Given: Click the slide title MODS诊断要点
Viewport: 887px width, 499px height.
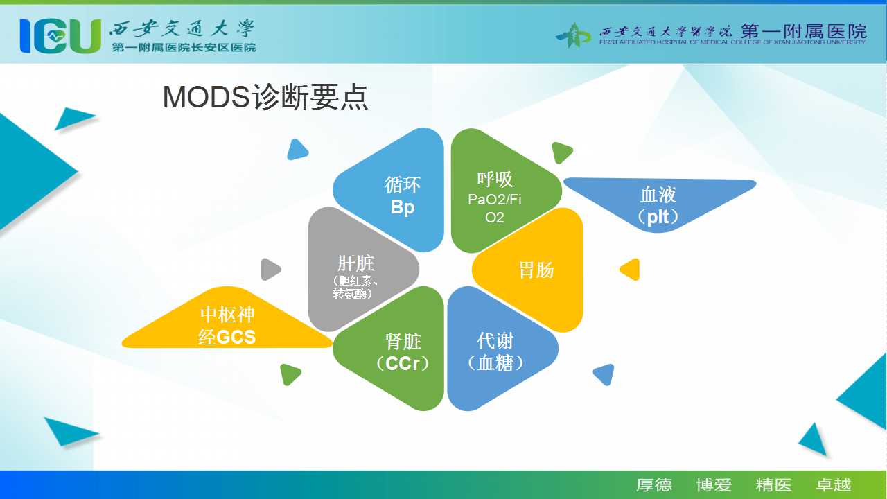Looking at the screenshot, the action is tap(265, 97).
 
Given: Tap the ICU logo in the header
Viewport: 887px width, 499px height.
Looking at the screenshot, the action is tap(60, 36).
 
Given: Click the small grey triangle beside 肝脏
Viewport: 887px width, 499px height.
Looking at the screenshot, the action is tap(270, 270).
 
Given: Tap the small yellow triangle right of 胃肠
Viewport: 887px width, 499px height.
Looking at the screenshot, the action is tap(631, 270).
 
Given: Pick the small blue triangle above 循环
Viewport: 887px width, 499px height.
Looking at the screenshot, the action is tap(297, 150).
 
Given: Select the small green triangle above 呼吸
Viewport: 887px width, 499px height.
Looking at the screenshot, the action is tap(561, 152).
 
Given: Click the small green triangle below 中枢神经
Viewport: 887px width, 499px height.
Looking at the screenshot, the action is tap(290, 374).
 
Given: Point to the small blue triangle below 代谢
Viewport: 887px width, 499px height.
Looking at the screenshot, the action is tap(605, 374).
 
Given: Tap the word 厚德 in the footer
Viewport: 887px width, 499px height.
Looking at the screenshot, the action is tap(654, 484).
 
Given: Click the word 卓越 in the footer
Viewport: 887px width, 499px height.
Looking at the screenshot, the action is tap(833, 484).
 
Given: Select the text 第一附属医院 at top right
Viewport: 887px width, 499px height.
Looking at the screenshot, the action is tap(804, 31).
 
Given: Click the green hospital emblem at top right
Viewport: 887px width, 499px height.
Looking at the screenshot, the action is tap(573, 35).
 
